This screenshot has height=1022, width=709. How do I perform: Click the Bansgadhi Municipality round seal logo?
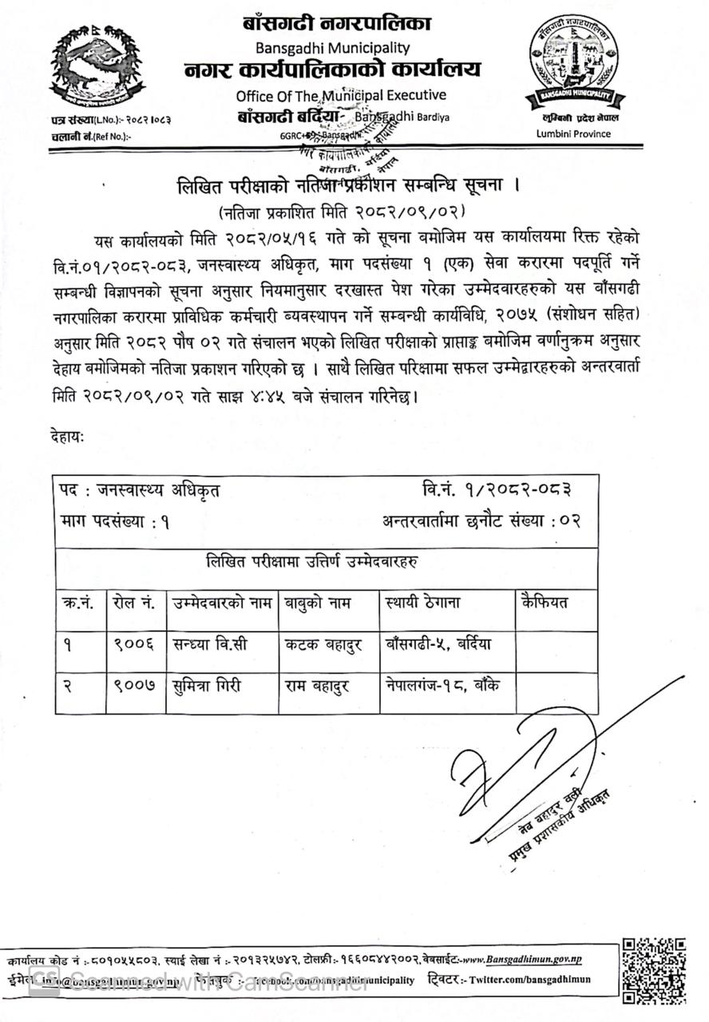click(574, 65)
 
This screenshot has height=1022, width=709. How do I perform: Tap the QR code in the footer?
click(655, 969)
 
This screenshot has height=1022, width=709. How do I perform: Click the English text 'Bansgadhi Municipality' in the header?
click(333, 48)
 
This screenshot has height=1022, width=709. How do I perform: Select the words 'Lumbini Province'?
click(573, 133)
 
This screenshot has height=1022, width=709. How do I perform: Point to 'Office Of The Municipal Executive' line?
click(341, 95)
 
